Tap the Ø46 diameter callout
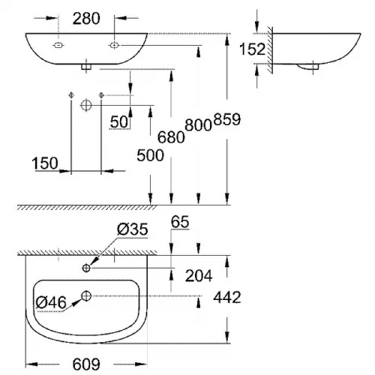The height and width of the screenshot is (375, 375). (52, 301)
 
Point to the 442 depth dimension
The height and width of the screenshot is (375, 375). (226, 297)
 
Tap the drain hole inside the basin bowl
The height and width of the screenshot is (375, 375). (87, 295)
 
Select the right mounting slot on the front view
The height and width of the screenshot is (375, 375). (113, 46)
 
